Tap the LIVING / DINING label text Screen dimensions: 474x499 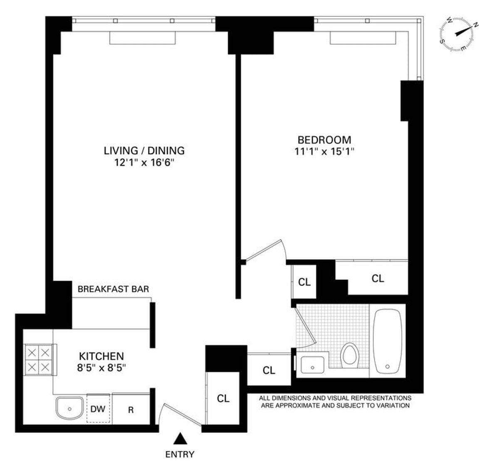pos(144,151)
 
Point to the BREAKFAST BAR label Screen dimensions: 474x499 pos(113,289)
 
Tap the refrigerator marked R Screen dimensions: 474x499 pos(131,410)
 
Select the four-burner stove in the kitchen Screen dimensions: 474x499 pos(38,360)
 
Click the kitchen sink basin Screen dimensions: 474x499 pos(69,408)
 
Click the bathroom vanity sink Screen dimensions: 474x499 pos(313,366)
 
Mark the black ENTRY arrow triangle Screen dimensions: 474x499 pos(180,438)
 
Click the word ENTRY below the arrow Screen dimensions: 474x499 pos(180,454)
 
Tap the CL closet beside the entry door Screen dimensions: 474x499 pos(223,398)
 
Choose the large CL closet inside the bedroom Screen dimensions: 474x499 pos(378,279)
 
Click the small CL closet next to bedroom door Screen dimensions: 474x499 pos(304,282)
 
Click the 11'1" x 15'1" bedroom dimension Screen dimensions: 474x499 pos(324,152)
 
